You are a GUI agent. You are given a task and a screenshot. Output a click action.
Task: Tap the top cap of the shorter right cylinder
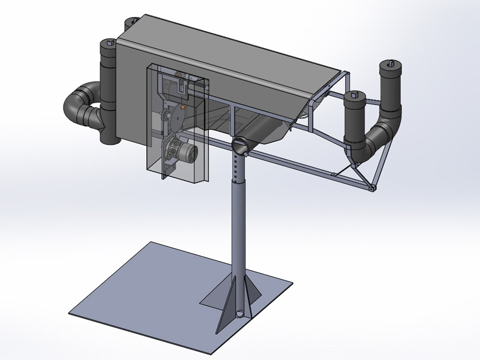click(x=355, y=96)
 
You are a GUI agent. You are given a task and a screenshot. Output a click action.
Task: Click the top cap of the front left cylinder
click(x=109, y=43)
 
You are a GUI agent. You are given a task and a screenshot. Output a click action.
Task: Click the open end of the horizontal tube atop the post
click(x=238, y=144)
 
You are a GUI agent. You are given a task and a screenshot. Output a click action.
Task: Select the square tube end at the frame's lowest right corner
click(x=373, y=189)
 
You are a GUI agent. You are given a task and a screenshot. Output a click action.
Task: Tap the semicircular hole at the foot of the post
click(x=241, y=313)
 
